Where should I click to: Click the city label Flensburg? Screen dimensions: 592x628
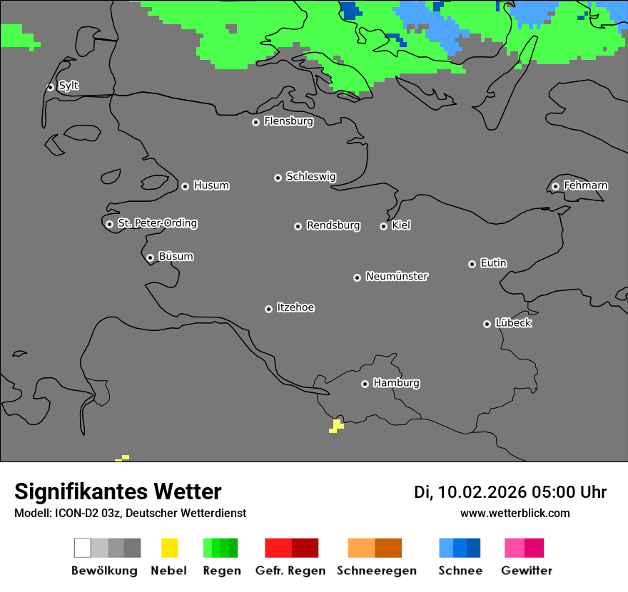(x=288, y=121)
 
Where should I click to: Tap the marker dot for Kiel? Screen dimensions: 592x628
(x=383, y=226)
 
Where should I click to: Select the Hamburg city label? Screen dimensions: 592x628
(x=396, y=383)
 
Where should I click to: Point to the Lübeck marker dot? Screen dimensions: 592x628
(x=487, y=324)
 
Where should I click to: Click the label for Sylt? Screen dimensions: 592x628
(x=69, y=86)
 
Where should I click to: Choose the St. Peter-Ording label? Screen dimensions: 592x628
(x=157, y=223)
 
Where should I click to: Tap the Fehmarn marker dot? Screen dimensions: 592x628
(x=555, y=187)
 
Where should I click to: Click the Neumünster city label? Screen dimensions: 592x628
(x=397, y=276)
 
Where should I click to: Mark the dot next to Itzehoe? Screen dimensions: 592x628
(x=268, y=309)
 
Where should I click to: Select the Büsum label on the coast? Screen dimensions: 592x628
(x=176, y=257)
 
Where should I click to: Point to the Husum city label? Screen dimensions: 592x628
(x=211, y=185)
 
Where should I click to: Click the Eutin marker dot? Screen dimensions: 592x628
(x=472, y=264)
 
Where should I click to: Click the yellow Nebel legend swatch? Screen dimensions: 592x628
(x=169, y=548)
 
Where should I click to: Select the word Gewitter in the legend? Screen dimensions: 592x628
(x=527, y=571)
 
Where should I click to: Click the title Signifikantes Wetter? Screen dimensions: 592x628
(x=118, y=491)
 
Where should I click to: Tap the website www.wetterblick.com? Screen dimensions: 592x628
(x=515, y=513)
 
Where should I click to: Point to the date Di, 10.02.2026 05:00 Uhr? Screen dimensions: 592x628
(x=510, y=492)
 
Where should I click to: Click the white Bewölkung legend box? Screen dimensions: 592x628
(x=82, y=548)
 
